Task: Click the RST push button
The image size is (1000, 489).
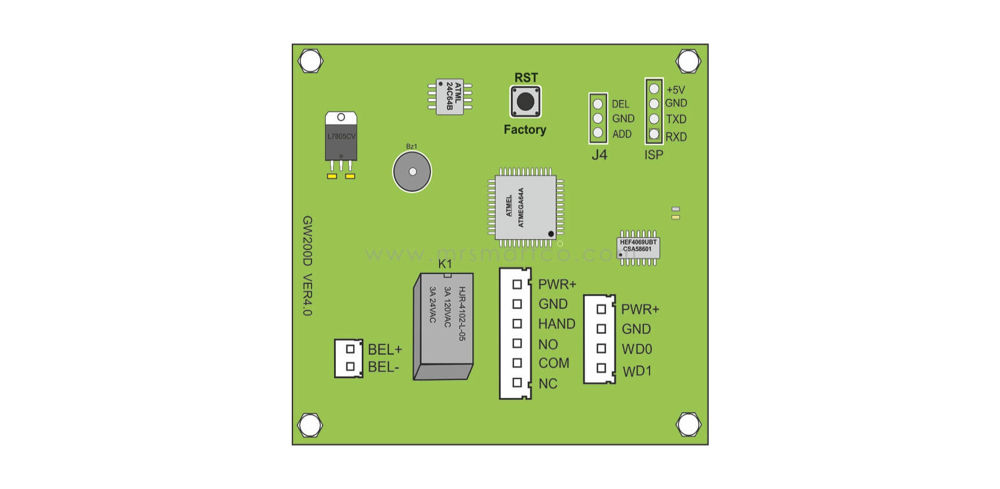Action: click(x=525, y=102)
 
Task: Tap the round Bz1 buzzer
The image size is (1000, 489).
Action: click(x=410, y=173)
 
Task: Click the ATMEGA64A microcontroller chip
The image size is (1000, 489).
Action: click(x=524, y=207)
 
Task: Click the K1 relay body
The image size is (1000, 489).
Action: click(x=441, y=324)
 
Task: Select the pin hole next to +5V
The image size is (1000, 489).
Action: click(x=653, y=89)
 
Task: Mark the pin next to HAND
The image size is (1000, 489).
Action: click(x=518, y=324)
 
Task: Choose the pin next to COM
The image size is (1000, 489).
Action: click(x=518, y=363)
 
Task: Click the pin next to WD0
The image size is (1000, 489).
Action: click(x=601, y=348)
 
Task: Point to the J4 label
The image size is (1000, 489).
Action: click(x=599, y=155)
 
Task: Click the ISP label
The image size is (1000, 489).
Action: click(x=654, y=155)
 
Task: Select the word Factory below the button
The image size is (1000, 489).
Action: click(x=525, y=130)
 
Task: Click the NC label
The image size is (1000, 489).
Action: click(x=547, y=384)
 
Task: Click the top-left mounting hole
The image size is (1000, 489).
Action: click(x=310, y=61)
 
